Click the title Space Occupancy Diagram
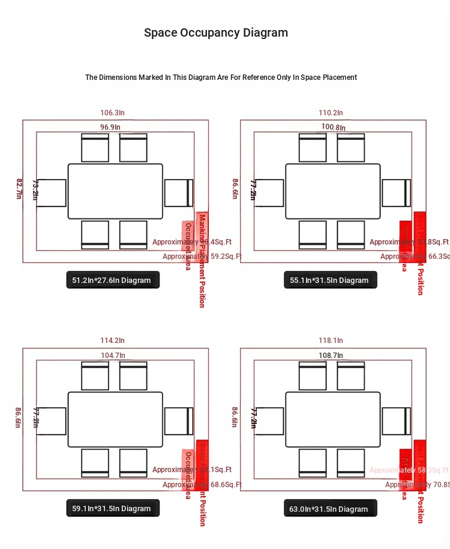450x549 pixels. [x=216, y=33]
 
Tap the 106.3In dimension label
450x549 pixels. [x=112, y=112]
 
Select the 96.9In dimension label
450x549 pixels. [x=110, y=127]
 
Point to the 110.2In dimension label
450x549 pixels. [x=331, y=112]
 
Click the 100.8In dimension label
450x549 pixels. [x=333, y=127]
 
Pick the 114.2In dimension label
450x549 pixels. [x=112, y=341]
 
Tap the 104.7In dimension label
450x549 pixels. [x=113, y=355]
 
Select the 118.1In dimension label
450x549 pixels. [x=331, y=341]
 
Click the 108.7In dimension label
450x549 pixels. [x=331, y=355]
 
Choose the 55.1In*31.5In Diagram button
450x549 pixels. [x=330, y=280]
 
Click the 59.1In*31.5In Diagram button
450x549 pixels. [x=113, y=508]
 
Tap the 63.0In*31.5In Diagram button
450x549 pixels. [x=330, y=509]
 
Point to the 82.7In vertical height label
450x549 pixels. [x=19, y=189]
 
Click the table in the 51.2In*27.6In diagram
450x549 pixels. [x=115, y=191]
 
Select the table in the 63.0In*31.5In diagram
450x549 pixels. [x=333, y=419]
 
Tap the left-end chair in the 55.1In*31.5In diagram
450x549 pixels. [x=270, y=193]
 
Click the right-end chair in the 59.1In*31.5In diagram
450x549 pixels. [x=178, y=421]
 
